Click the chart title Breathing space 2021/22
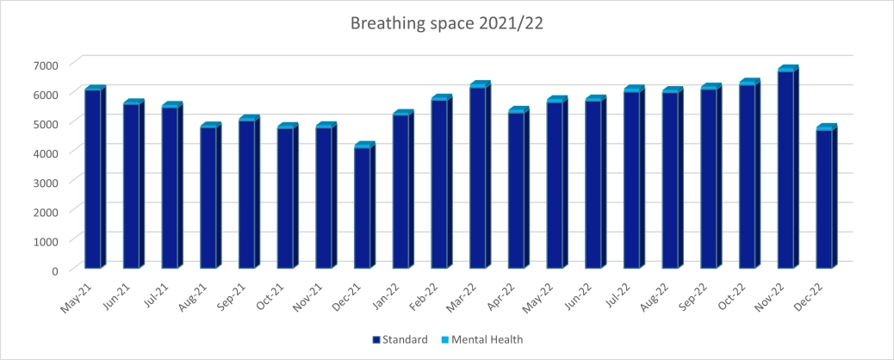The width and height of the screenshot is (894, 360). tap(446, 23)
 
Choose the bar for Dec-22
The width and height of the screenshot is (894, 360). tap(825, 198)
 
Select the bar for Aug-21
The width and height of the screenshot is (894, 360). tap(208, 197)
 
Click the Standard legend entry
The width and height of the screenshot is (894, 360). tap(400, 339)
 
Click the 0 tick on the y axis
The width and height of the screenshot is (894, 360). tap(54, 270)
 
